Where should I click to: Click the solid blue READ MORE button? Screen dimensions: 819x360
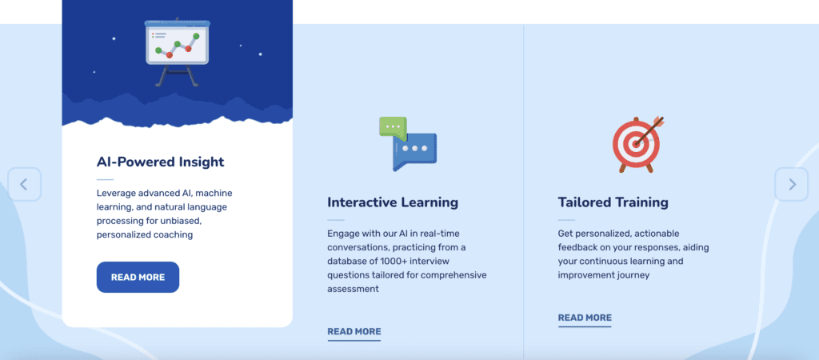tap(138, 278)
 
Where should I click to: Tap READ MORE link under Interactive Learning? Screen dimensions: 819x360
tap(354, 331)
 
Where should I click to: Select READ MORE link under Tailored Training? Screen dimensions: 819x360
tap(585, 318)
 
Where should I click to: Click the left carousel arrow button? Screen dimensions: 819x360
tap(24, 184)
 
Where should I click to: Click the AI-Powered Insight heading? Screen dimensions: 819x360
tap(160, 162)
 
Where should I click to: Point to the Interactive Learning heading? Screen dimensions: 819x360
tap(393, 202)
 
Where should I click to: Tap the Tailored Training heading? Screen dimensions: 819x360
tap(613, 202)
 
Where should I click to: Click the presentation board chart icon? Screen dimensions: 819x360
tap(177, 52)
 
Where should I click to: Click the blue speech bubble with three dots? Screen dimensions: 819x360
tap(414, 151)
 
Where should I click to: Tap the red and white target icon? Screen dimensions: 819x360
tap(636, 144)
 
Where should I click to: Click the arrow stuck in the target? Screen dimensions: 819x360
tap(650, 130)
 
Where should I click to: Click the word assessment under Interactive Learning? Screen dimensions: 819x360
tap(353, 289)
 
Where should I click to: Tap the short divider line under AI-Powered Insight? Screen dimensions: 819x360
tap(105, 180)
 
